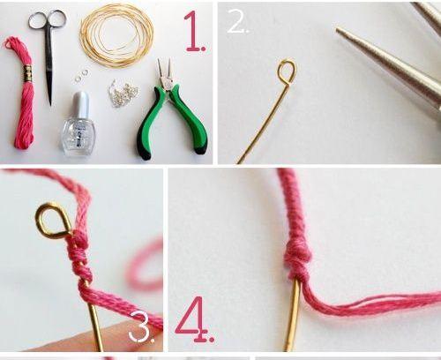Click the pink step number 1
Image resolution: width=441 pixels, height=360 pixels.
pos(194,32)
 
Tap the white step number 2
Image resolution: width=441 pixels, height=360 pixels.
pos(238,20)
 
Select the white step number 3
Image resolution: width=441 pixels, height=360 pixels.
pos(141,326)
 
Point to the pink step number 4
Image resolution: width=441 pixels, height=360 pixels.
pos(194,319)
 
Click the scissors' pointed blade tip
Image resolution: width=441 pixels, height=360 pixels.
pos(51,105)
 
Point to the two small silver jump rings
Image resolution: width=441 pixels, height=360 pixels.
pos(81,75)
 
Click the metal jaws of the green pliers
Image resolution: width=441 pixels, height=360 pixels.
pos(165,73)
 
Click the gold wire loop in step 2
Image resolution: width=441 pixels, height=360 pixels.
pos(288,71)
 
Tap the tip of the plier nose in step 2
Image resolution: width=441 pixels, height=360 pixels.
pos(338,29)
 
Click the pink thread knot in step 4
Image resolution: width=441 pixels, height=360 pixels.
pos(297,259)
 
